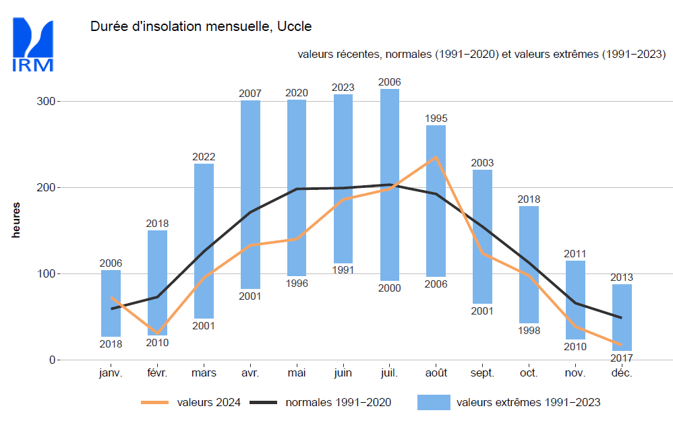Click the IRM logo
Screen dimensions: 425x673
32,44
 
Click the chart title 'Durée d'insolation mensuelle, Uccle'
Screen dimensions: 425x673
200,27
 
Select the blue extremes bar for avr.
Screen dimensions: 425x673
250,195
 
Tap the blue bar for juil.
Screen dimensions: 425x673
390,185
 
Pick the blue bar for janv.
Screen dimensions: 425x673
111,303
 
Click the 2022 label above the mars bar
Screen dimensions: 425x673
204,157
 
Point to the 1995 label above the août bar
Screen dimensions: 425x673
436,119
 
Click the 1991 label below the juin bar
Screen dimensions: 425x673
343,271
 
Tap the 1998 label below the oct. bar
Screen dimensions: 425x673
529,330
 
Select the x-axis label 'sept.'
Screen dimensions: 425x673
482,373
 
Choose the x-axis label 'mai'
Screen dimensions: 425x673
297,373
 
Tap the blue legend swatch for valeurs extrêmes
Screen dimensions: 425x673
434,402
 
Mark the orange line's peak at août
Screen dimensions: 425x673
436,157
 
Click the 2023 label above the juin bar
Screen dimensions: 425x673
343,88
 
